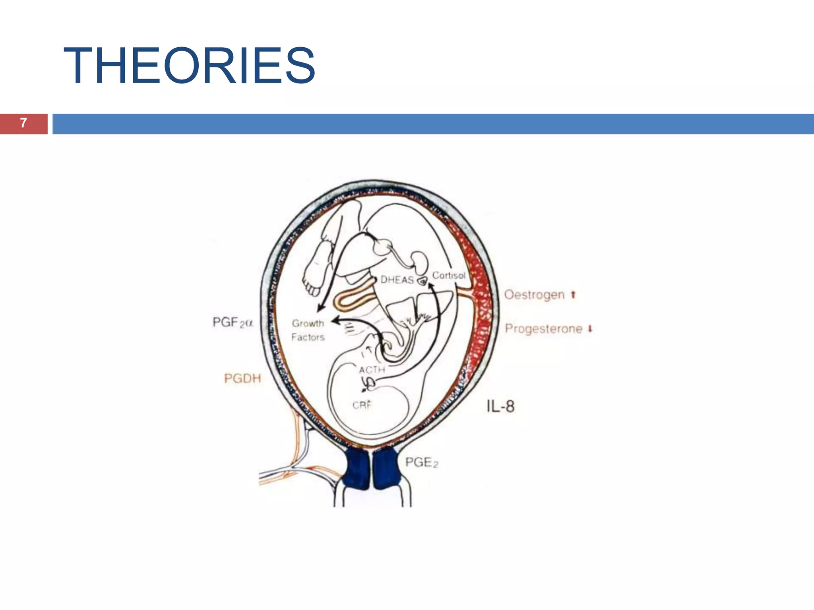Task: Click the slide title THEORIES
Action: point(189,66)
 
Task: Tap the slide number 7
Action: point(23,123)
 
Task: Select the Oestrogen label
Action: point(534,295)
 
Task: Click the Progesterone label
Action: point(543,329)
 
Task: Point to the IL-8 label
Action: point(500,406)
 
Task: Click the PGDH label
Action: point(242,378)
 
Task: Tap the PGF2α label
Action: point(233,322)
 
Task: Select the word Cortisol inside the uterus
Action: point(449,275)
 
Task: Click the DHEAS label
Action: point(397,280)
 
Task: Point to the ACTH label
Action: point(372,370)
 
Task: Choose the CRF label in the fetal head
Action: point(362,405)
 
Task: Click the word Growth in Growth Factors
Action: point(308,324)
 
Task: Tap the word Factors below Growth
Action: point(308,338)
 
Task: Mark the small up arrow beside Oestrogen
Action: point(573,295)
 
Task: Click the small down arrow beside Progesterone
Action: point(590,329)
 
